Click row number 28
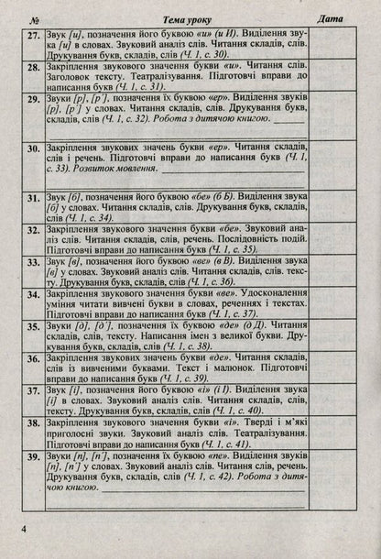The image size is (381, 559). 32,67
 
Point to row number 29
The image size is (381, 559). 32,97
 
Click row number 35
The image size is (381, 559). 32,324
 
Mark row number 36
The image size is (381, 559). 32,356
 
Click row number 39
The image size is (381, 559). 32,455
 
